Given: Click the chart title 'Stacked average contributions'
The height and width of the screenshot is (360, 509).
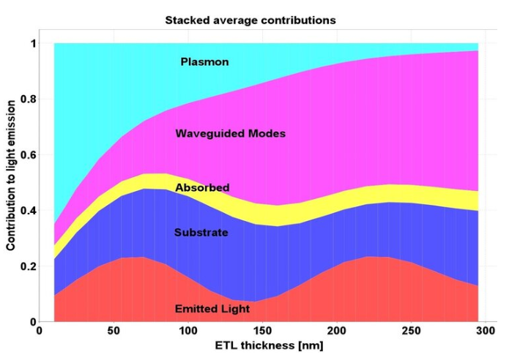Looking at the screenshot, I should (250, 20).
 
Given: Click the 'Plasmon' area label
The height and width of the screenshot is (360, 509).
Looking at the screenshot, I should (204, 62).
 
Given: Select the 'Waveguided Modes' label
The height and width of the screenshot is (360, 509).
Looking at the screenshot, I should (230, 134).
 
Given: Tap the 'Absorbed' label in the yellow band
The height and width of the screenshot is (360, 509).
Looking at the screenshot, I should (201, 188).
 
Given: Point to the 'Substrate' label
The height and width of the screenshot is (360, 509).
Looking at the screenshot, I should (201, 233).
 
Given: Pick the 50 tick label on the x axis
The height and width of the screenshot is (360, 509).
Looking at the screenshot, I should (114, 331).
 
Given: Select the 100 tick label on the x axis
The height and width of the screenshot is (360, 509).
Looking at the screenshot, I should (187, 331).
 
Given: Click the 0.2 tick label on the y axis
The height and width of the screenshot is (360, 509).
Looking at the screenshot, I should (26, 266).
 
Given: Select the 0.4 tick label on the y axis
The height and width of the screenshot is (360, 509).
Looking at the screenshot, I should (26, 211).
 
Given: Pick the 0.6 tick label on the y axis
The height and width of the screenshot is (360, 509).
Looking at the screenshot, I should (26, 155).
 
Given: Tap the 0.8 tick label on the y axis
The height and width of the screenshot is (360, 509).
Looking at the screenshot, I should (26, 100).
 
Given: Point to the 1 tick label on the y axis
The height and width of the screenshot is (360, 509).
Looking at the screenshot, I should (31, 44).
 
